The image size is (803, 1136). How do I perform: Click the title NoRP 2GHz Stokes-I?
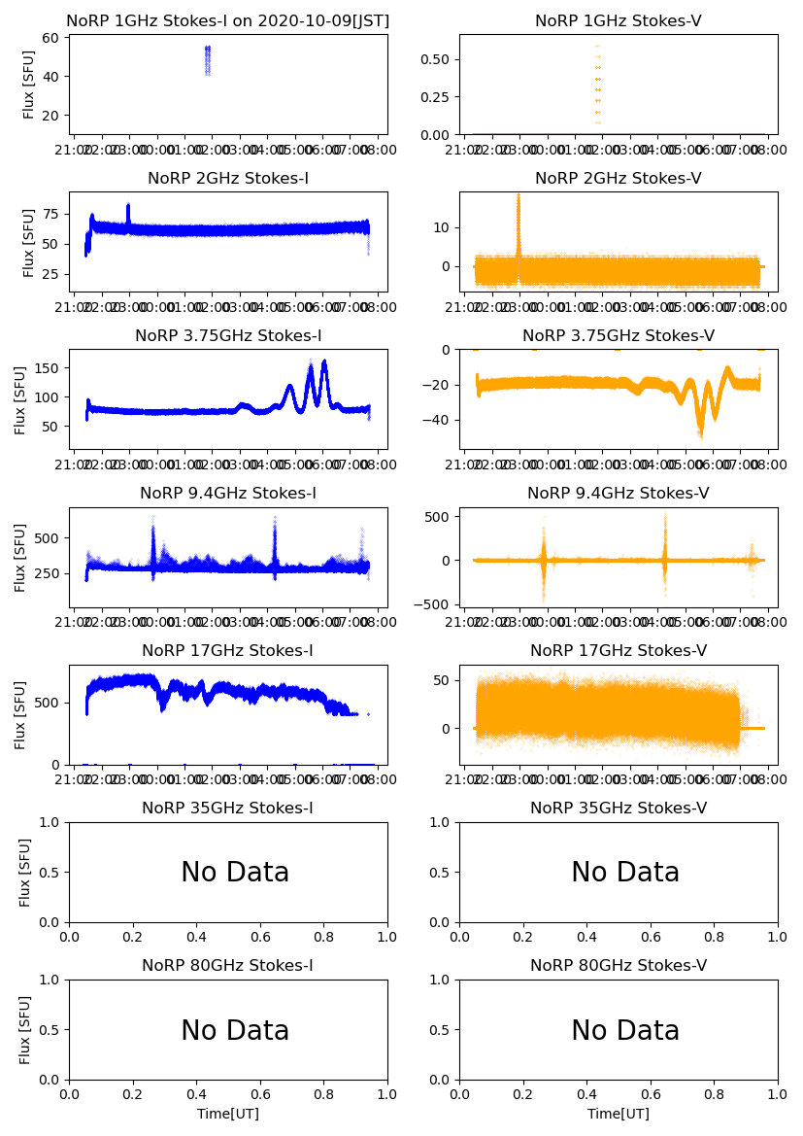click(228, 179)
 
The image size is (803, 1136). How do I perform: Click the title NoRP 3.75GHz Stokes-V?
click(619, 336)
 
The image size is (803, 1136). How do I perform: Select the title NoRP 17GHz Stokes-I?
click(228, 651)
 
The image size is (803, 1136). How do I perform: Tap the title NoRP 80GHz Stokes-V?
click(619, 966)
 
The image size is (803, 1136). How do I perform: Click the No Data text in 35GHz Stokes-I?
click(235, 873)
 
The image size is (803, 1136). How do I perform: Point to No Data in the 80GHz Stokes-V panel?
click(625, 1030)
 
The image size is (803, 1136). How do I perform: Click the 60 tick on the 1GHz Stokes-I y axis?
click(50, 38)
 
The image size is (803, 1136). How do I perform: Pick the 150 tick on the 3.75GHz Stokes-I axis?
click(47, 368)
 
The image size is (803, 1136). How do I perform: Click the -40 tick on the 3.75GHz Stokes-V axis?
click(438, 420)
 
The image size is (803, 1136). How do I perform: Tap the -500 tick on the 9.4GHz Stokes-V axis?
click(435, 603)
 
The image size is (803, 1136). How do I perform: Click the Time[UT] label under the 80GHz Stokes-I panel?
click(228, 1114)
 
